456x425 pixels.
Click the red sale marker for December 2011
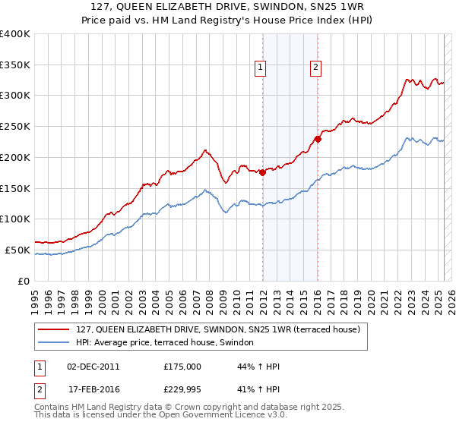coord(262,172)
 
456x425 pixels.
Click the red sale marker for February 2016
coord(318,138)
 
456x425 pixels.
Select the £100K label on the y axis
coord(15,219)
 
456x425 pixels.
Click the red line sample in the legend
coord(54,329)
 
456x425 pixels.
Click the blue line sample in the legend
coord(54,343)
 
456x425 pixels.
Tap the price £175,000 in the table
coord(182,367)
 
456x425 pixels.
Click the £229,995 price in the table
coord(182,389)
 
